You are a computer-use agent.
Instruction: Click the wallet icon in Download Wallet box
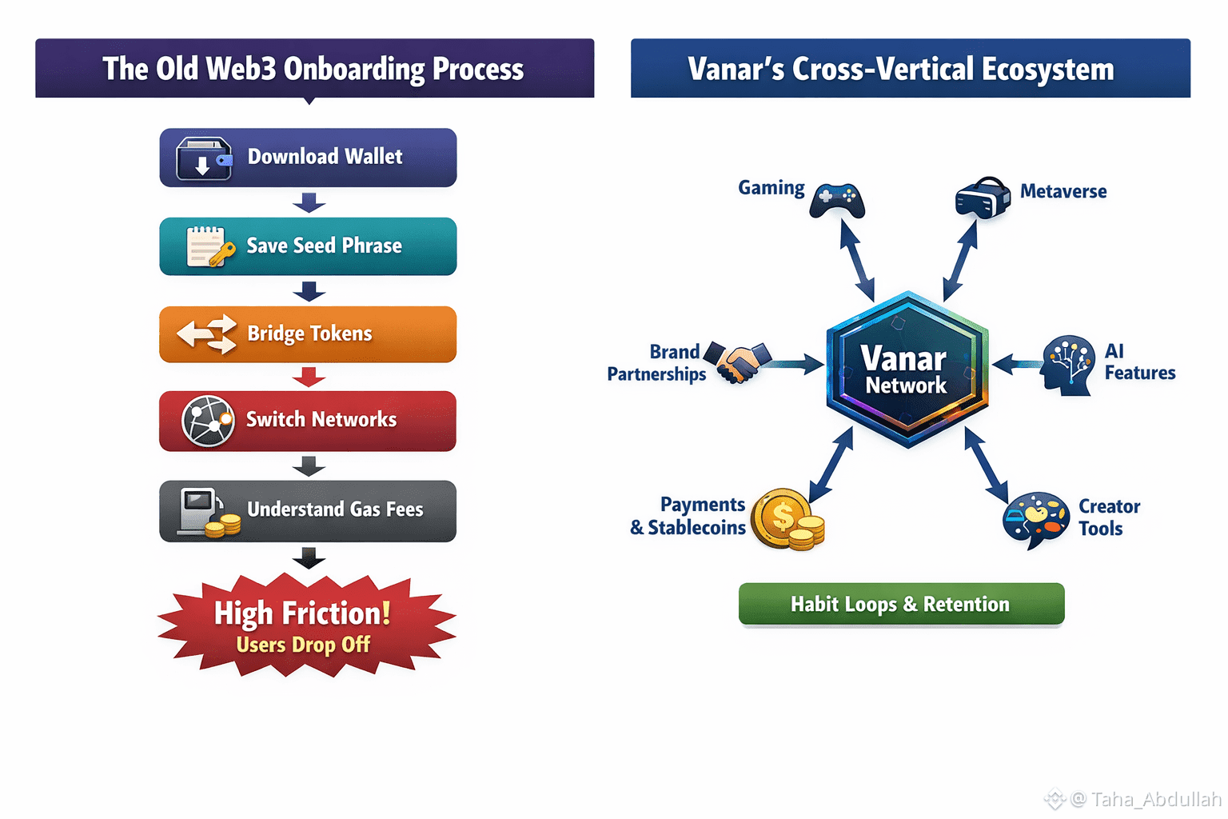[x=203, y=158]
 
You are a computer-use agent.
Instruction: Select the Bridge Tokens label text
[x=309, y=334]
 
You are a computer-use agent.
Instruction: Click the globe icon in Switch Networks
[x=208, y=421]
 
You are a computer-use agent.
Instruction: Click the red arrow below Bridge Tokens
[x=309, y=376]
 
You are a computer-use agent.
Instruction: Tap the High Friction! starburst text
[x=302, y=613]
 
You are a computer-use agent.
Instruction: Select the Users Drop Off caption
[x=303, y=645]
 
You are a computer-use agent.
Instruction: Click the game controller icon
[x=836, y=200]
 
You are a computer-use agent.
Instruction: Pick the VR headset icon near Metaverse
[x=983, y=197]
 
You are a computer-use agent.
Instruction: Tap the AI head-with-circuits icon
[x=1067, y=366]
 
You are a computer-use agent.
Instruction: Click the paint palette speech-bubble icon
[x=1035, y=518]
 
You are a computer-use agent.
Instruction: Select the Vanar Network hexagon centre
[x=907, y=370]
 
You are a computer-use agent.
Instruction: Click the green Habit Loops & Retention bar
[x=901, y=604]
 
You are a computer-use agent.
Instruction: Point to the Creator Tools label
[x=1109, y=517]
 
